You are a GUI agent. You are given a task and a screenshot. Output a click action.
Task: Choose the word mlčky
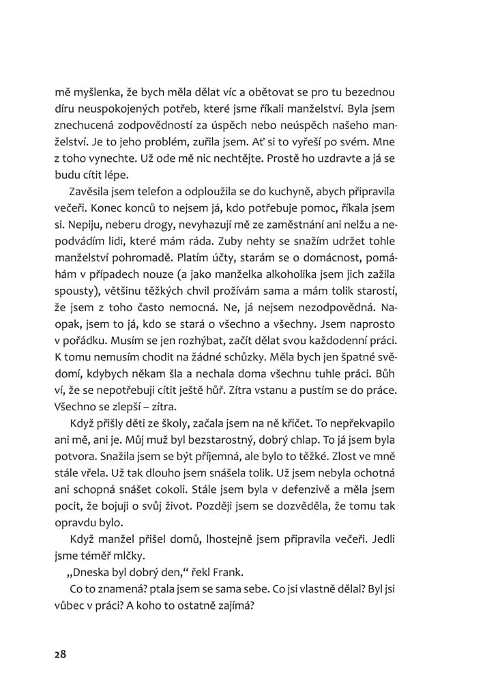click(129, 555)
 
